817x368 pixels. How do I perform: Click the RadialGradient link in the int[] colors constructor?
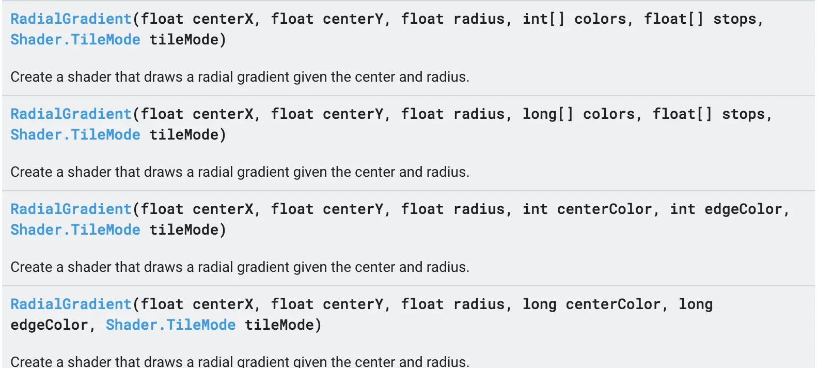point(71,19)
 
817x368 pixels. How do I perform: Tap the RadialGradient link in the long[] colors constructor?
point(71,114)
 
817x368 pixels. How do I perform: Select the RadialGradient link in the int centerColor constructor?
point(71,209)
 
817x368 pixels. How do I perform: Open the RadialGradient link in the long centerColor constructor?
point(71,304)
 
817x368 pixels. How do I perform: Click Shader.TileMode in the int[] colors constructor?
point(75,40)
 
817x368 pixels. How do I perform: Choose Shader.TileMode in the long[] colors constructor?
point(75,135)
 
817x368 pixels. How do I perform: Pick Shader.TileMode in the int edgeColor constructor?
point(75,230)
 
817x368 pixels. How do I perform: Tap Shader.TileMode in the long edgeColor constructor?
point(170,325)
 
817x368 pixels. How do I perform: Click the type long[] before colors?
point(548,114)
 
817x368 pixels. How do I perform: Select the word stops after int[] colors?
point(735,19)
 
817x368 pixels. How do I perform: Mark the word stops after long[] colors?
point(744,114)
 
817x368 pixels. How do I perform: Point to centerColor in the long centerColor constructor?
point(613,304)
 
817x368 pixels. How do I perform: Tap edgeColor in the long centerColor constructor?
point(50,325)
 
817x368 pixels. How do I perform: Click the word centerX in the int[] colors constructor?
point(223,19)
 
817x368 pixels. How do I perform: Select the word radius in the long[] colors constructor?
point(479,114)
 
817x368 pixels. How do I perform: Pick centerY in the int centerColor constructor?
point(353,209)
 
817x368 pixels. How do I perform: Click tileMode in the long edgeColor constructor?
point(279,325)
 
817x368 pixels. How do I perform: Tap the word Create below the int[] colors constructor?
point(31,77)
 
